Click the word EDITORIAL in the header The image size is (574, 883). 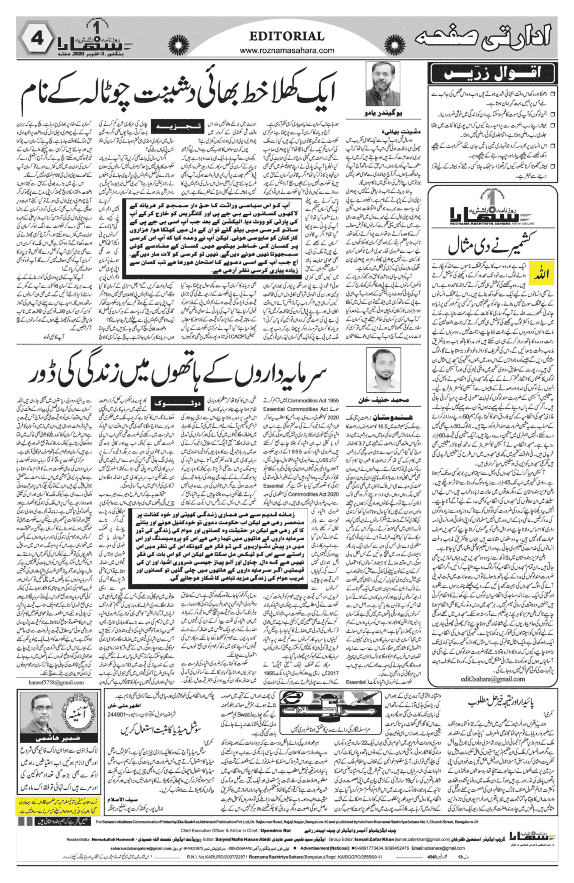(x=286, y=36)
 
